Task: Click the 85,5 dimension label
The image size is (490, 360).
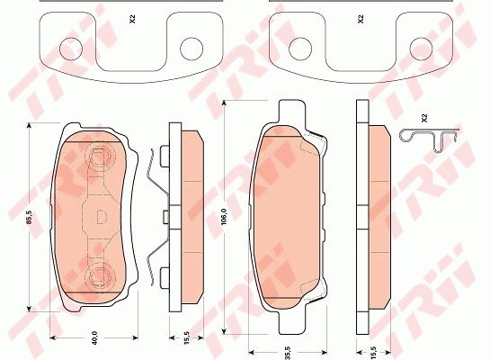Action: click(x=29, y=217)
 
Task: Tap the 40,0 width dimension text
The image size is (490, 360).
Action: click(x=94, y=337)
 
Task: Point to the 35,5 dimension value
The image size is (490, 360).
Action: click(x=288, y=353)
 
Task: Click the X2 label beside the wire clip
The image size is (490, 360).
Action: click(x=424, y=118)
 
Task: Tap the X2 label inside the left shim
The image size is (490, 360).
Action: click(x=132, y=20)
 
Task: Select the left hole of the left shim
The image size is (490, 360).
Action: click(x=71, y=49)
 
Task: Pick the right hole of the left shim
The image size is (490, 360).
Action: click(x=192, y=49)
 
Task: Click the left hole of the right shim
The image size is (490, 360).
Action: click(x=300, y=49)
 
